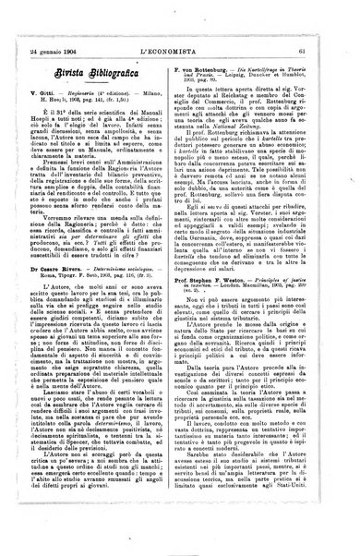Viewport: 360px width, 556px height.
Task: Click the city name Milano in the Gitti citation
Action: click(158, 94)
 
